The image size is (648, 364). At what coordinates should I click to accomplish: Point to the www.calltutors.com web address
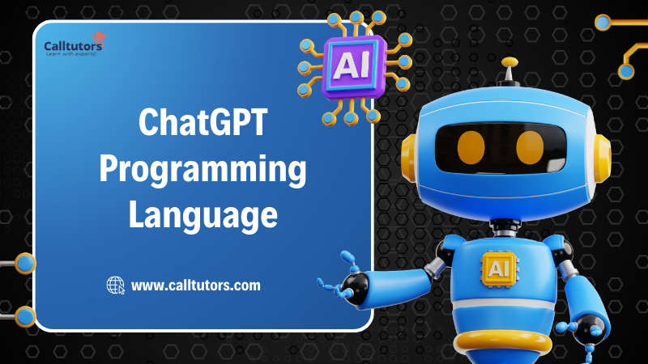tap(195, 285)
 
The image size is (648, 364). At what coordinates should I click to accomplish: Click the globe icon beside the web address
tap(116, 285)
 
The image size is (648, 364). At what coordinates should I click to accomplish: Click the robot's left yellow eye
tap(471, 146)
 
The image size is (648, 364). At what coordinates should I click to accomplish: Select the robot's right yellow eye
tap(530, 146)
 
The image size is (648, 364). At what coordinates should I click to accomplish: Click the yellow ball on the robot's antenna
tap(509, 61)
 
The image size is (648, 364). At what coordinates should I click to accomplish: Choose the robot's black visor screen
tap(501, 146)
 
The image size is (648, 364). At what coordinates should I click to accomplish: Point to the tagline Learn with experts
tap(70, 53)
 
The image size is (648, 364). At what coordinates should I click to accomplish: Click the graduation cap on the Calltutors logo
tap(98, 36)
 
